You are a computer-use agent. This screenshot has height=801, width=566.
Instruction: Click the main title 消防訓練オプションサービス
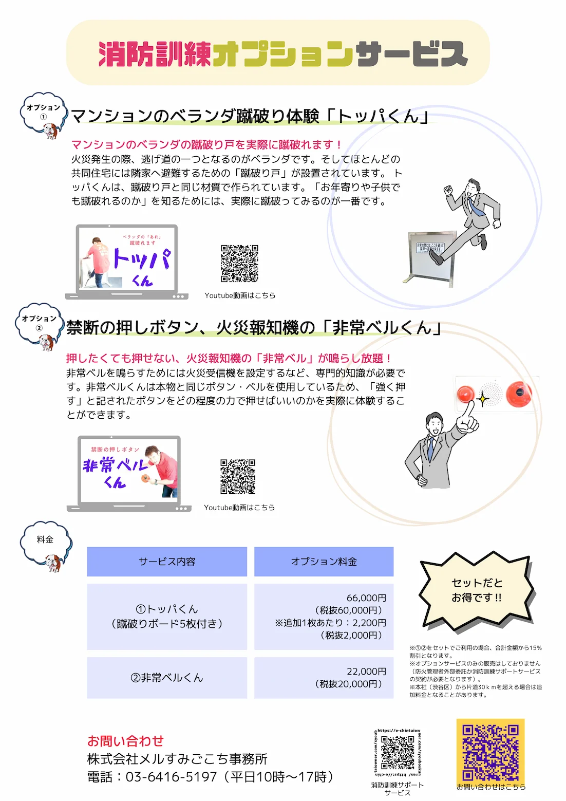coord(282,54)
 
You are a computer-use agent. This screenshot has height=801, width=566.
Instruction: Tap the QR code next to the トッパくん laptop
coord(239,263)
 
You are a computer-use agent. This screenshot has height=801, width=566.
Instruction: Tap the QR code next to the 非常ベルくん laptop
coord(238,476)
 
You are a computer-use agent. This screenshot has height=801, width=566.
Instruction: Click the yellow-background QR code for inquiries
coord(490,752)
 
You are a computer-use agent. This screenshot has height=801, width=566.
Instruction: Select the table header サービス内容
coord(167,562)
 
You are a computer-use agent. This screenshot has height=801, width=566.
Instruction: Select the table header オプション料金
coord(324,562)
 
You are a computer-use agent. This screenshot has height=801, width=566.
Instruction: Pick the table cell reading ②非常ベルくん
coord(167,678)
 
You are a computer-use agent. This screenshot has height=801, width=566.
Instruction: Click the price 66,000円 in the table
coord(366,598)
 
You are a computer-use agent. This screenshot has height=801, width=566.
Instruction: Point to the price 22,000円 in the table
coord(366,672)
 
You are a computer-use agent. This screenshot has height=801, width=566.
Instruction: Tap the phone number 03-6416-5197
coord(171,776)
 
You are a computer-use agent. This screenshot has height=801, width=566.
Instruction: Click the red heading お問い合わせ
coord(125,741)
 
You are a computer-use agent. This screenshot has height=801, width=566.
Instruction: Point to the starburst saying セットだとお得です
coord(477,590)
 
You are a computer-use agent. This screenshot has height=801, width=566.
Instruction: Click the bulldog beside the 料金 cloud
coord(53,563)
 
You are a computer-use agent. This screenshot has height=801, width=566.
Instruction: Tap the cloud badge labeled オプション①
coord(43,111)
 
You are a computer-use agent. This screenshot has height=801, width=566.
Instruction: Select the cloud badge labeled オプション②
coord(39,322)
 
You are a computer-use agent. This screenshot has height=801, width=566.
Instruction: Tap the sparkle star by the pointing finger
coord(483,398)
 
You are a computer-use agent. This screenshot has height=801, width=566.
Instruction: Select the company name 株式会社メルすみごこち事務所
coord(177,759)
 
